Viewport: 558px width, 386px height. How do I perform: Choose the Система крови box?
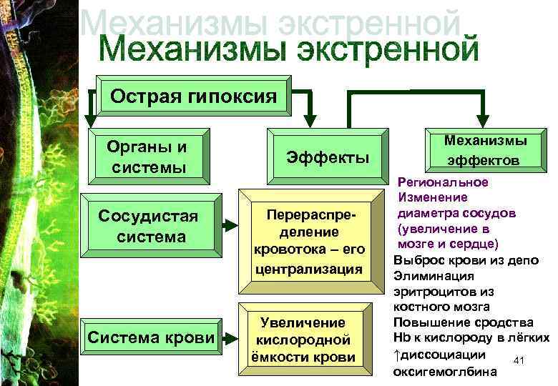pos(150,337)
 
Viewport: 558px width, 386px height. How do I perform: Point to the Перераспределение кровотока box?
pos(310,242)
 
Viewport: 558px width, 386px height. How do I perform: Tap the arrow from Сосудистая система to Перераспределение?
pos(230,226)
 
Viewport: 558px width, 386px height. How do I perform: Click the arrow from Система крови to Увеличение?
pos(230,337)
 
